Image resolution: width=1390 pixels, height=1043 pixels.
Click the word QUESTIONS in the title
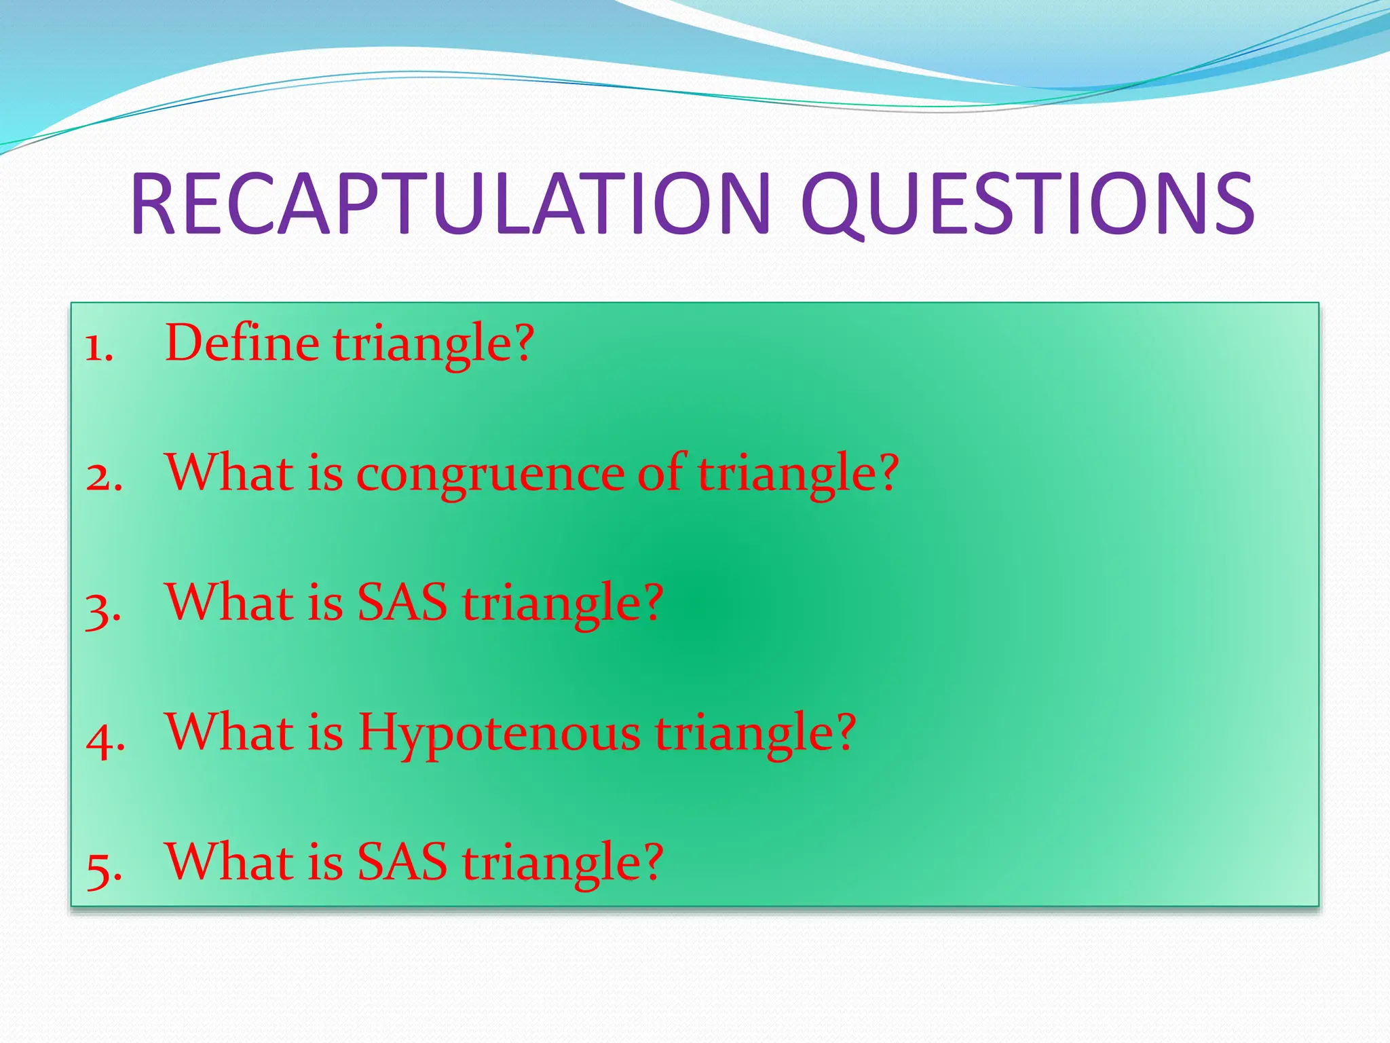1028,204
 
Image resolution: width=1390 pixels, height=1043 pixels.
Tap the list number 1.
98,348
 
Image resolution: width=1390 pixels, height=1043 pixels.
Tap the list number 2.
104,477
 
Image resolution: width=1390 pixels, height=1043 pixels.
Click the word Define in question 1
242,343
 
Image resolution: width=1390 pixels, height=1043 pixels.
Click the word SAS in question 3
402,602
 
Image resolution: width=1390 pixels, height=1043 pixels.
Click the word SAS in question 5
402,862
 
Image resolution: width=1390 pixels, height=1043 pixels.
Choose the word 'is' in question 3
325,602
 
